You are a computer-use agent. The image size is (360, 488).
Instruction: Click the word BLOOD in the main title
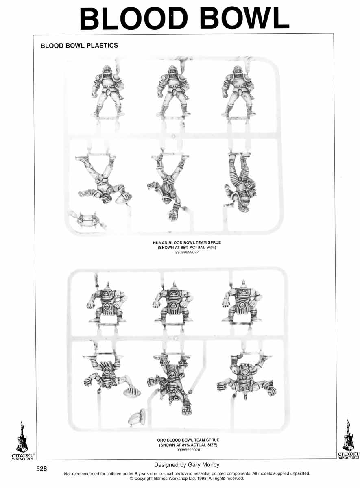[x=133, y=18]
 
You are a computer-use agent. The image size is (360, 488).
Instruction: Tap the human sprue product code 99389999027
[x=187, y=252]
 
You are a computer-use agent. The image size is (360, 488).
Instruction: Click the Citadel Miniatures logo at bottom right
[x=348, y=439]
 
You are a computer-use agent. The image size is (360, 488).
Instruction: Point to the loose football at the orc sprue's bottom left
[x=137, y=417]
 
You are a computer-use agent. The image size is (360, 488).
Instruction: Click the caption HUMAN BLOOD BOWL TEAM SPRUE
[x=187, y=242]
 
